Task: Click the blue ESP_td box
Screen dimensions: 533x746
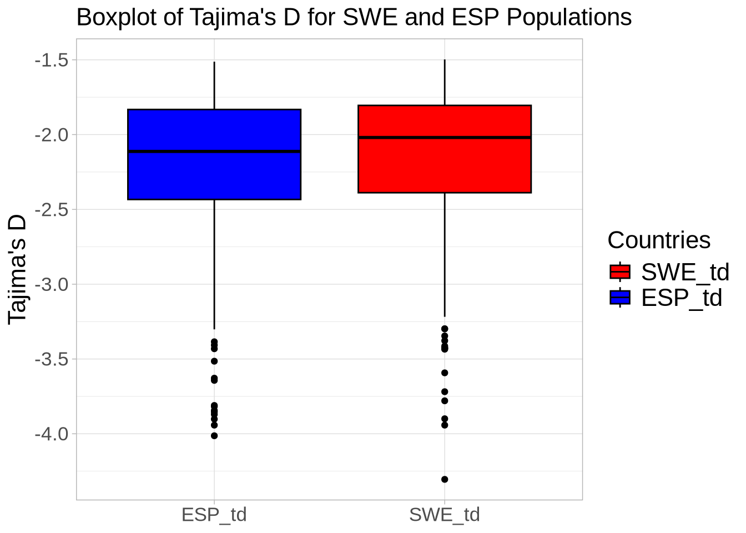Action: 214,175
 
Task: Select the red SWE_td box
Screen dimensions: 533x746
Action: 445,167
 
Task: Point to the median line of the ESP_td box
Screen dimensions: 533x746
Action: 214,151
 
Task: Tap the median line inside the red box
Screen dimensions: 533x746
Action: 445,137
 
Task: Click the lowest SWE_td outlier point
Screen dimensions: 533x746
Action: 445,479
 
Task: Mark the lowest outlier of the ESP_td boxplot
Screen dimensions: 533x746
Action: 214,436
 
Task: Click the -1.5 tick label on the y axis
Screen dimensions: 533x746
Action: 51,59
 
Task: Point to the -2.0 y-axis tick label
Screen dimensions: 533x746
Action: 51,134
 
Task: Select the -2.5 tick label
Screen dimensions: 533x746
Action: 51,209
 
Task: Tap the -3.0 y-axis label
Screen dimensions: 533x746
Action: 51,284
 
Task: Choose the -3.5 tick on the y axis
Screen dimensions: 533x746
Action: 51,359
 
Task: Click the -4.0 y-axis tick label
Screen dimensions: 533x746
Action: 51,434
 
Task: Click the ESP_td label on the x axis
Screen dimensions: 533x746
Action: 214,515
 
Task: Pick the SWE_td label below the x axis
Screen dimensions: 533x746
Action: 445,515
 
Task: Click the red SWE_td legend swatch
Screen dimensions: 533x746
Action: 620,271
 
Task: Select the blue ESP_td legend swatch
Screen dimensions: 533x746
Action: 620,298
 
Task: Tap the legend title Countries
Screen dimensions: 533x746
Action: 659,240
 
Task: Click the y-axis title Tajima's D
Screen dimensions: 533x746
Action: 18,269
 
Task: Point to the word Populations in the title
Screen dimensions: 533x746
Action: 569,18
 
